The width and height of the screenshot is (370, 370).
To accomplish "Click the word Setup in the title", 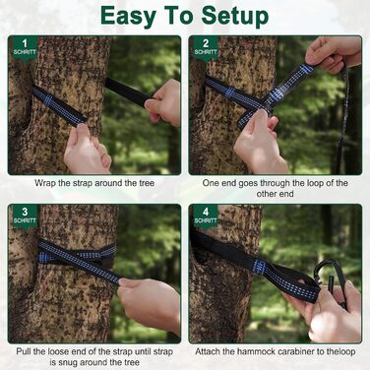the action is [235, 15].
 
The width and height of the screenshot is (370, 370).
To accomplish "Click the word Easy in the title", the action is [126, 15].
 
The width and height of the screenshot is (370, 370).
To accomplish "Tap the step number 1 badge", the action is [25, 47].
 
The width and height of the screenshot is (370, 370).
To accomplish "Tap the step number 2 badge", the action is [206, 47].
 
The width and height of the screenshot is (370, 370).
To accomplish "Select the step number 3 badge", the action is [25, 216].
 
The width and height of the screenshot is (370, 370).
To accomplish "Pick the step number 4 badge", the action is [206, 216].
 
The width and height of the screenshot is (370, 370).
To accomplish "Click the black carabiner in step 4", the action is [330, 278].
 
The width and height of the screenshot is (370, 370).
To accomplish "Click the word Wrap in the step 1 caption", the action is [45, 183].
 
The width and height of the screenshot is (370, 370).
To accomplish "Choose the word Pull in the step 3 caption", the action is [24, 351].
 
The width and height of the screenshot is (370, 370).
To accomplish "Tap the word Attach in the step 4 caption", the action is [208, 351].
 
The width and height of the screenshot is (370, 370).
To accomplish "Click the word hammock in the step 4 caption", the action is [252, 351].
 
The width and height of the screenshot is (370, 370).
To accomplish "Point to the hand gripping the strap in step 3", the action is [150, 303].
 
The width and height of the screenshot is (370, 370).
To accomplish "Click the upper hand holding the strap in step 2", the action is [332, 54].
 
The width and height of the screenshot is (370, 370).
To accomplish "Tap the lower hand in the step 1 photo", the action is [87, 150].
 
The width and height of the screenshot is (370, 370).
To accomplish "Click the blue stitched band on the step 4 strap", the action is [260, 267].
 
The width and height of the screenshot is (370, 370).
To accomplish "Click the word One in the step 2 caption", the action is [210, 183].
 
